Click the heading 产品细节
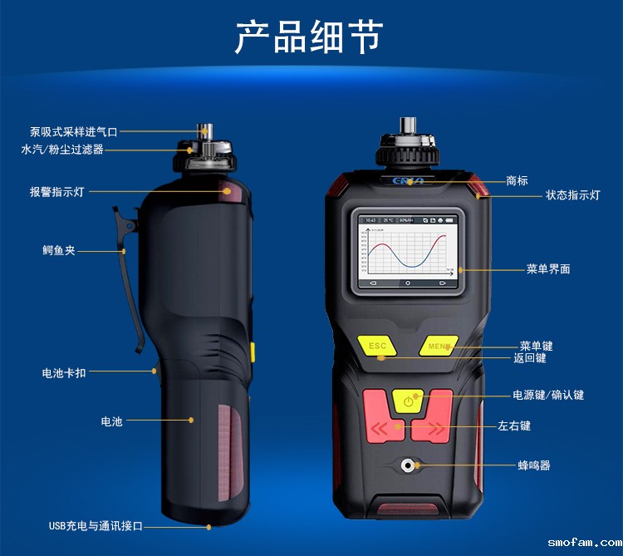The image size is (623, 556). (309, 37)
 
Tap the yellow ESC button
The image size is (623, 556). (377, 345)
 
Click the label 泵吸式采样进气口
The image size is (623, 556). (74, 131)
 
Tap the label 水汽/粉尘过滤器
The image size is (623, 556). (62, 150)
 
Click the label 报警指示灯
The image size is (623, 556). (56, 192)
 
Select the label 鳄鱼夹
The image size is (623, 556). (59, 249)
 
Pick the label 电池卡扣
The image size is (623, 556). (64, 373)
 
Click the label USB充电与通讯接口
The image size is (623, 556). (96, 526)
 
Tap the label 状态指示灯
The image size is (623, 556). (572, 195)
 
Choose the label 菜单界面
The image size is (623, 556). (548, 269)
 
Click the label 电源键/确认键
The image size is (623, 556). (548, 395)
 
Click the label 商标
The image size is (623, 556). (517, 180)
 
